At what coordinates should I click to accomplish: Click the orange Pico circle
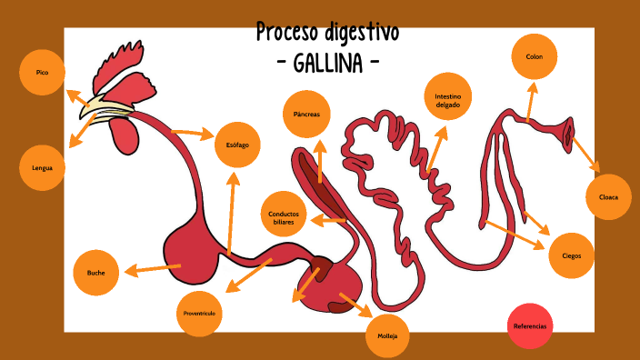pos(42,73)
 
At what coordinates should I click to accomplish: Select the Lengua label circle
pos(42,168)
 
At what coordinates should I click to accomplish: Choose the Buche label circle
pos(96,273)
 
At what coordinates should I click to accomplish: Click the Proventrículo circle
pos(198,313)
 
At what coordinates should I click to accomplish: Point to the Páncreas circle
pos(306,115)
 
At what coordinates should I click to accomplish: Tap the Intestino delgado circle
pos(447,99)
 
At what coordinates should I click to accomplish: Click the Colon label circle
pos(535,57)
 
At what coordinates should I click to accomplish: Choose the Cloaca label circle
pos(608,197)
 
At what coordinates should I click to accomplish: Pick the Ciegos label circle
pos(572,255)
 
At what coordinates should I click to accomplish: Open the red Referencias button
pos(531,325)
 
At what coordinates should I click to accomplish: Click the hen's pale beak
pos(92,108)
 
